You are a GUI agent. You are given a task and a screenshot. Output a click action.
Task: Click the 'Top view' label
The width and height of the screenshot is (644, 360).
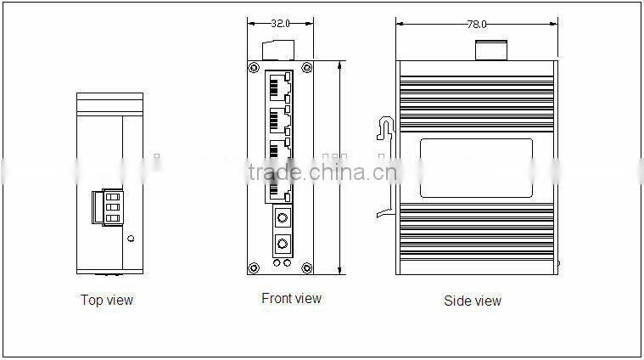click(x=107, y=300)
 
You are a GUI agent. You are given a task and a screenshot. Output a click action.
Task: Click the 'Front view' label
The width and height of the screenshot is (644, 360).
click(x=291, y=298)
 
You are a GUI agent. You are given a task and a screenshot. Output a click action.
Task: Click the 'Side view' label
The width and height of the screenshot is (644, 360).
click(x=473, y=301)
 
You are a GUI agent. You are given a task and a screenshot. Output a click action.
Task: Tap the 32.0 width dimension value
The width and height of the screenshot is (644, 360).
click(x=281, y=25)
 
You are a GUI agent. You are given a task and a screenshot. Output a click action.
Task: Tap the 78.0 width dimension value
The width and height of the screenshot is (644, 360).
click(x=477, y=25)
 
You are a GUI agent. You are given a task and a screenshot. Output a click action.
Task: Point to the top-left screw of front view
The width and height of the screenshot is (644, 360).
click(x=253, y=67)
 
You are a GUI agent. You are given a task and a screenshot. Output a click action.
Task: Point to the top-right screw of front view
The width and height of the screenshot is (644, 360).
click(x=306, y=67)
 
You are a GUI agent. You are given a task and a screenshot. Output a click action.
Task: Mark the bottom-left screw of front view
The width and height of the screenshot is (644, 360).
click(x=253, y=269)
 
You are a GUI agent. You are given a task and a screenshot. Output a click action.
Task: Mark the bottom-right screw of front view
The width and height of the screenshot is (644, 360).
click(x=306, y=269)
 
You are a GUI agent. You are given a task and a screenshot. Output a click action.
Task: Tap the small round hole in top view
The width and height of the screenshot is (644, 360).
click(x=129, y=239)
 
